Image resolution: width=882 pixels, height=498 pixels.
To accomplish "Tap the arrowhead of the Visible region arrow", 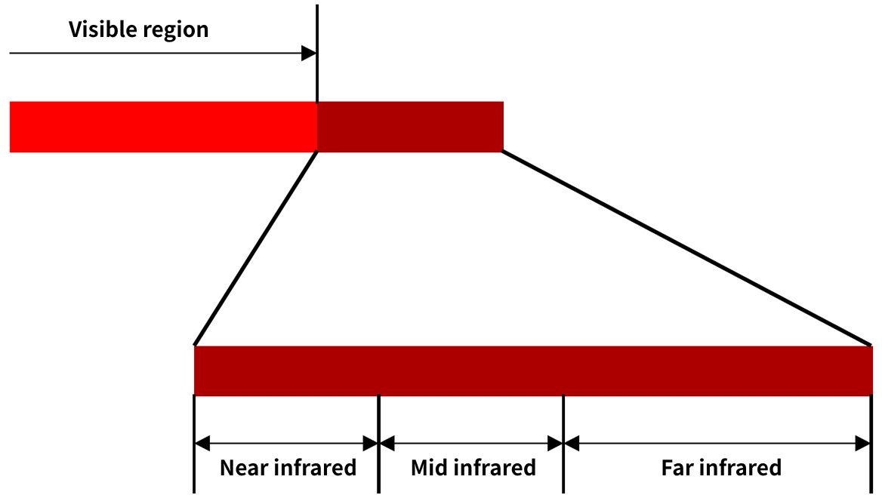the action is [309, 54].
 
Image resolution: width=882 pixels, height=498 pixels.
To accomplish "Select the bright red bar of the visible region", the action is [164, 127].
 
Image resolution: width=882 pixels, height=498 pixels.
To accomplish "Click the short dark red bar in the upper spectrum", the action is [411, 127].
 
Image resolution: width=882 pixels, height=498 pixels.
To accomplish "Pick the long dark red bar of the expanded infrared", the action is [533, 371].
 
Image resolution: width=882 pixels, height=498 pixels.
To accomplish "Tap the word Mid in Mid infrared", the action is [429, 468].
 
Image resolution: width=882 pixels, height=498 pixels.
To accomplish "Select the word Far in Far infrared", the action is [678, 468].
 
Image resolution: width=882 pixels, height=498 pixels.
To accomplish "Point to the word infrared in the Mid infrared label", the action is [495, 468].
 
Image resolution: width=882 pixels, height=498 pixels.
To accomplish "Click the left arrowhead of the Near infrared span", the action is [202, 444].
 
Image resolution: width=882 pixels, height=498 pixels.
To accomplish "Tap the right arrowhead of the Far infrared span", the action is [863, 444].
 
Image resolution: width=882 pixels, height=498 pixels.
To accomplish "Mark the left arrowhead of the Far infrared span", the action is [572, 444].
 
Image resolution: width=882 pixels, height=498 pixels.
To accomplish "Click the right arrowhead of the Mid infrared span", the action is [555, 444].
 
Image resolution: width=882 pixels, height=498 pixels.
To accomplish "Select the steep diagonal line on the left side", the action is [256, 248].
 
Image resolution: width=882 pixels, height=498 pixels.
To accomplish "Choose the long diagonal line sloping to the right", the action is [687, 248].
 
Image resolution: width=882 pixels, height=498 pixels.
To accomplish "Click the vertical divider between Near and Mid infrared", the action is [378, 444].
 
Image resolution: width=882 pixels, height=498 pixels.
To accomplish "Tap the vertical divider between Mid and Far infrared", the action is [563, 444].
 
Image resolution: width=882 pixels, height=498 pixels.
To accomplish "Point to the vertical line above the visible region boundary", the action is [317, 54].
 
